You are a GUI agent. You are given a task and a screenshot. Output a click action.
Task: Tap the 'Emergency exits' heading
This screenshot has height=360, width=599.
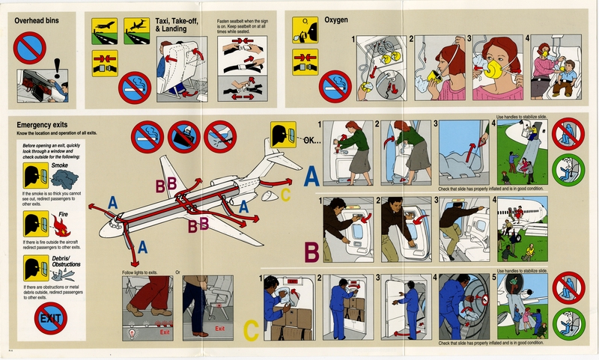[39, 124]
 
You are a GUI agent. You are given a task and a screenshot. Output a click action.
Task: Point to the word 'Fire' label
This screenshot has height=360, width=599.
[64, 213]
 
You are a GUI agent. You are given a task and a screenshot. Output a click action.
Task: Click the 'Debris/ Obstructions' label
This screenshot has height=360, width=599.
[67, 261]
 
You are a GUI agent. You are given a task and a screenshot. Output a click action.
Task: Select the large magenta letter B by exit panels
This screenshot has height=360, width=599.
[312, 252]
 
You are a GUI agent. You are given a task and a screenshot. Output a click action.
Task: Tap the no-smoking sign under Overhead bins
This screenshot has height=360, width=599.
[30, 46]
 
